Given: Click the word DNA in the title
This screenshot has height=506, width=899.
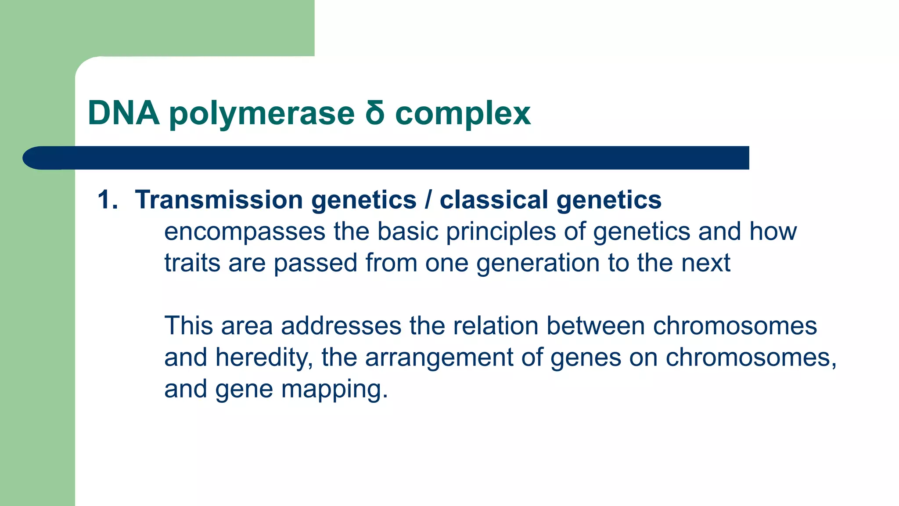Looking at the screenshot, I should click(123, 113).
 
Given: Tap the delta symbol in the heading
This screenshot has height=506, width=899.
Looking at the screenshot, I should click(374, 113).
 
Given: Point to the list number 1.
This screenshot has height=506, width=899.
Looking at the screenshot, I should click(108, 200).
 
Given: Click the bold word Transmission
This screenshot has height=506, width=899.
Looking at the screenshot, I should click(219, 200).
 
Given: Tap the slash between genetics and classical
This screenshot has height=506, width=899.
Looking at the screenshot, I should click(428, 200).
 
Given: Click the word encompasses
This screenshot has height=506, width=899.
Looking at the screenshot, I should click(245, 232).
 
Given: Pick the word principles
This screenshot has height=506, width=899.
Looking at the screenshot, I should click(501, 232).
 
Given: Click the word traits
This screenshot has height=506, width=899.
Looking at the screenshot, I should click(192, 263).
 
